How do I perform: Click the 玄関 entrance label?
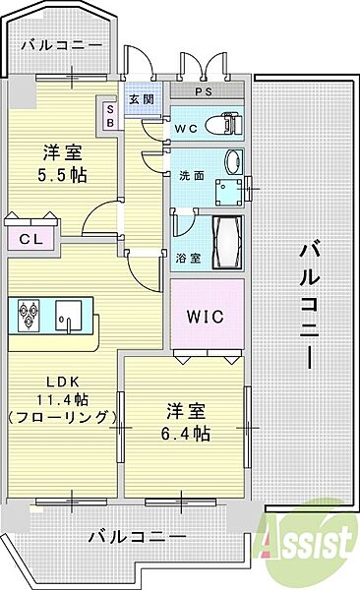pyautogui.click(x=140, y=99)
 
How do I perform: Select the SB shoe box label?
pyautogui.click(x=109, y=116)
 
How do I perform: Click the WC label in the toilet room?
pyautogui.click(x=187, y=127)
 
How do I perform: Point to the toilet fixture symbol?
pyautogui.click(x=228, y=124)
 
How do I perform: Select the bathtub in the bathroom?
pyautogui.click(x=232, y=238)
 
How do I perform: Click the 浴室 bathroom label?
pyautogui.click(x=188, y=259)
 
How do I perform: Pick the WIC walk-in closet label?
pyautogui.click(x=207, y=317)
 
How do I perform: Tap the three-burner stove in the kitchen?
pyautogui.click(x=29, y=317)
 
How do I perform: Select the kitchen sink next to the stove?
pyautogui.click(x=69, y=317)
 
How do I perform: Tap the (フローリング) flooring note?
pyautogui.click(x=61, y=418)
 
